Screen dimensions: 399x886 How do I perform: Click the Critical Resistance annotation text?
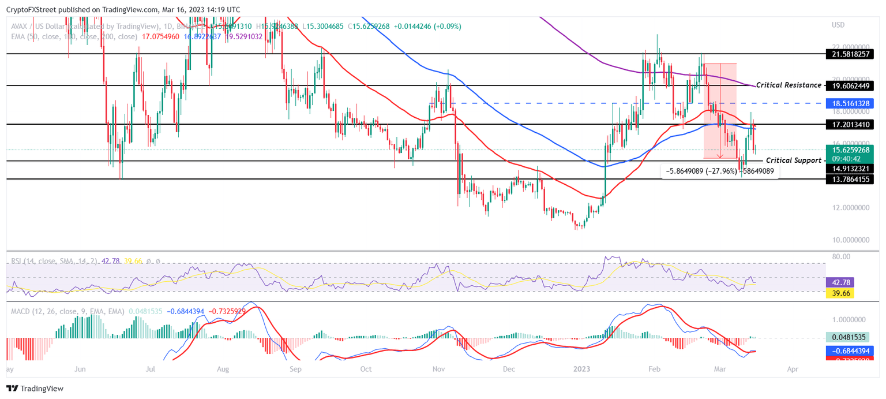coord(789,85)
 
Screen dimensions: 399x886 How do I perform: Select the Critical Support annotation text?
coord(793,160)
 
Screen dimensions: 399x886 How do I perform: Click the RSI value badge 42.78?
coord(840,282)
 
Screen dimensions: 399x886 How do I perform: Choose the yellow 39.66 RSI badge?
coord(840,293)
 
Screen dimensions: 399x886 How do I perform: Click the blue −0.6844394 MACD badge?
coord(851,350)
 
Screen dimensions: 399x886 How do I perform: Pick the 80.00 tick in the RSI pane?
coord(842,256)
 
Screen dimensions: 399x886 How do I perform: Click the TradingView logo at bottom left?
coord(35,389)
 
